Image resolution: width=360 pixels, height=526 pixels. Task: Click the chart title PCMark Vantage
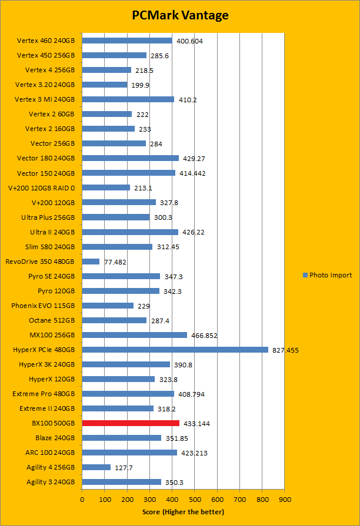(179, 15)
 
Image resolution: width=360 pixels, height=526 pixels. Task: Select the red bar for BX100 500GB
(131, 423)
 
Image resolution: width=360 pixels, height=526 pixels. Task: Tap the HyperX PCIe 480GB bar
(175, 350)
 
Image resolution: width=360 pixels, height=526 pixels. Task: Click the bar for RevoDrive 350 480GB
(91, 262)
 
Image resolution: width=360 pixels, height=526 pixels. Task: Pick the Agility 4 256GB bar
(96, 467)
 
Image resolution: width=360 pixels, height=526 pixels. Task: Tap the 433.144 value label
(196, 424)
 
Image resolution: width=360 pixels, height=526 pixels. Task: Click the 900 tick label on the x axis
(285, 500)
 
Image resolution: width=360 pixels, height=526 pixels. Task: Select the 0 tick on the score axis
(82, 500)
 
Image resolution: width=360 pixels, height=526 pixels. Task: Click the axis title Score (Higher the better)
(183, 512)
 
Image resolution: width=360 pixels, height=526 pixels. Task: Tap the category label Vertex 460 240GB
(46, 41)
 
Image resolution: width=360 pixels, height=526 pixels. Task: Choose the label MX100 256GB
(53, 335)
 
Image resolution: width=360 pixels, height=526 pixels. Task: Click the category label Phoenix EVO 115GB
(43, 306)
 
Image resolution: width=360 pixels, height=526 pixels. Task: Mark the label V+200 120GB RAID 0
(41, 187)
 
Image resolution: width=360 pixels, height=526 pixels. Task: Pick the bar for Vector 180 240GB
(130, 158)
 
